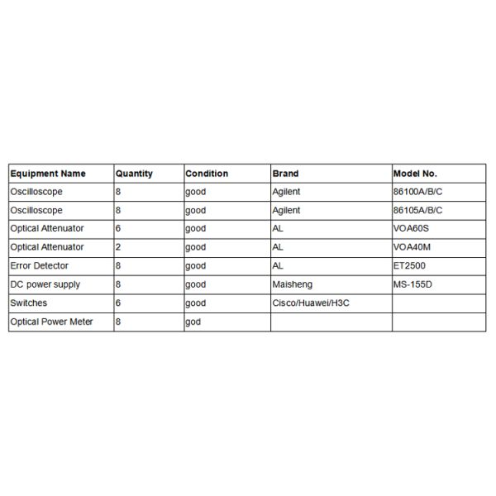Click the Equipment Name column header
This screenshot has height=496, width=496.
pos(47,174)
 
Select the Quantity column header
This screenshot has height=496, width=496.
pos(134,174)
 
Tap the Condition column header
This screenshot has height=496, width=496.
pos(207,174)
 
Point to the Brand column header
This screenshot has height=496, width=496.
pos(285,174)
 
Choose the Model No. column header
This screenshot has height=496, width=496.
pos(416,174)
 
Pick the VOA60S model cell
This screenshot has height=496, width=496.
pos(412,228)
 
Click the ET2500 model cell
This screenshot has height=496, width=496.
pos(409,265)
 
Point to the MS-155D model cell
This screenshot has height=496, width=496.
pos(413,284)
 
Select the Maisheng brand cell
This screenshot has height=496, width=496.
pos(290,284)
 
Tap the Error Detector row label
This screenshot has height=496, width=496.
pos(39,265)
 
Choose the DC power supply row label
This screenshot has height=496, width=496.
pos(45,284)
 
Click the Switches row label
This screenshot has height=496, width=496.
pos(28,303)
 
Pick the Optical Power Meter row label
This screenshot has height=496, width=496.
pos(51,322)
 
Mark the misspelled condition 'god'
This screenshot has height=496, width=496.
pos(193,322)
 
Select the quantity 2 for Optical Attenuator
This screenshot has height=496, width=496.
pos(118,247)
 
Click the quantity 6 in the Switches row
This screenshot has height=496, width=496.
pos(118,303)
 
